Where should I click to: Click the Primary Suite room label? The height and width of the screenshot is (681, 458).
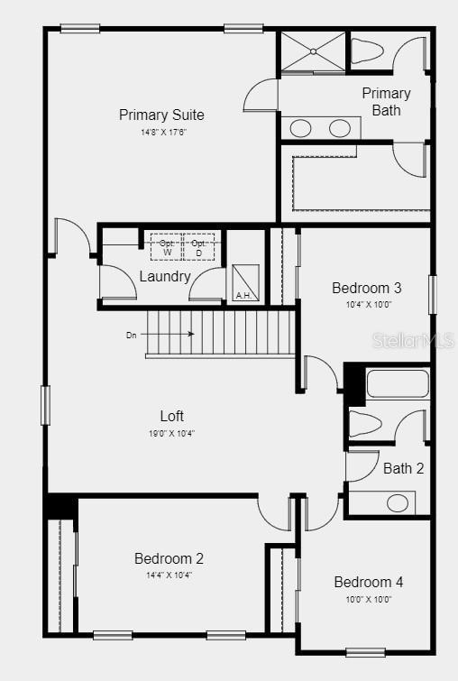coord(161,115)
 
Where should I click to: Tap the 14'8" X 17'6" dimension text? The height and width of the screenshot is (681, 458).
coord(164,132)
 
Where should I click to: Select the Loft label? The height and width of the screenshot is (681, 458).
coord(172,416)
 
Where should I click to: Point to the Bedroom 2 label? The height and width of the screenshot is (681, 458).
coord(169,558)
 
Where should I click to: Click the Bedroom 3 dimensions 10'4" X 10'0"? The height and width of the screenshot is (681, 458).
coord(369,305)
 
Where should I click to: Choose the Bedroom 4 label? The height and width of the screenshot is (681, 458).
coord(369,582)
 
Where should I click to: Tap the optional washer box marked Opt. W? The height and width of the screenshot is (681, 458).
coord(167,247)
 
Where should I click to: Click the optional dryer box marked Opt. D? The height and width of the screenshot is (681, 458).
coord(199,247)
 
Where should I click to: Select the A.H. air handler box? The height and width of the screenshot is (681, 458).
coord(245,282)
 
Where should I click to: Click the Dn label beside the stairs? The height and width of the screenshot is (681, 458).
coord(131,336)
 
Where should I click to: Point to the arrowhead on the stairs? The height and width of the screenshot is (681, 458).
coord(191,334)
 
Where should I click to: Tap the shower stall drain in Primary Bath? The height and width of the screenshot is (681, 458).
coord(313,51)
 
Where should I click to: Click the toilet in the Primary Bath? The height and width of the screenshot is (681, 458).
coord(366,51)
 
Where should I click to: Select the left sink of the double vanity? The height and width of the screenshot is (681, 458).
coord(300,128)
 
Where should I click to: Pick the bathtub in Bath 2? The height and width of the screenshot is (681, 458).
coord(398,383)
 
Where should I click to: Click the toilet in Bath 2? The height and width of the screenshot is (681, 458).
coord(365,424)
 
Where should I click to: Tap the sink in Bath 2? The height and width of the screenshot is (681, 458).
coord(398,503)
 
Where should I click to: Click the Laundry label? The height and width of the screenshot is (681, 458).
coord(165,277)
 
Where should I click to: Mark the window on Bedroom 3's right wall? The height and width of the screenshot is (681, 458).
coord(433,294)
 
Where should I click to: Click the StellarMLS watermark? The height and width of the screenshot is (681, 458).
coord(413,341)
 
